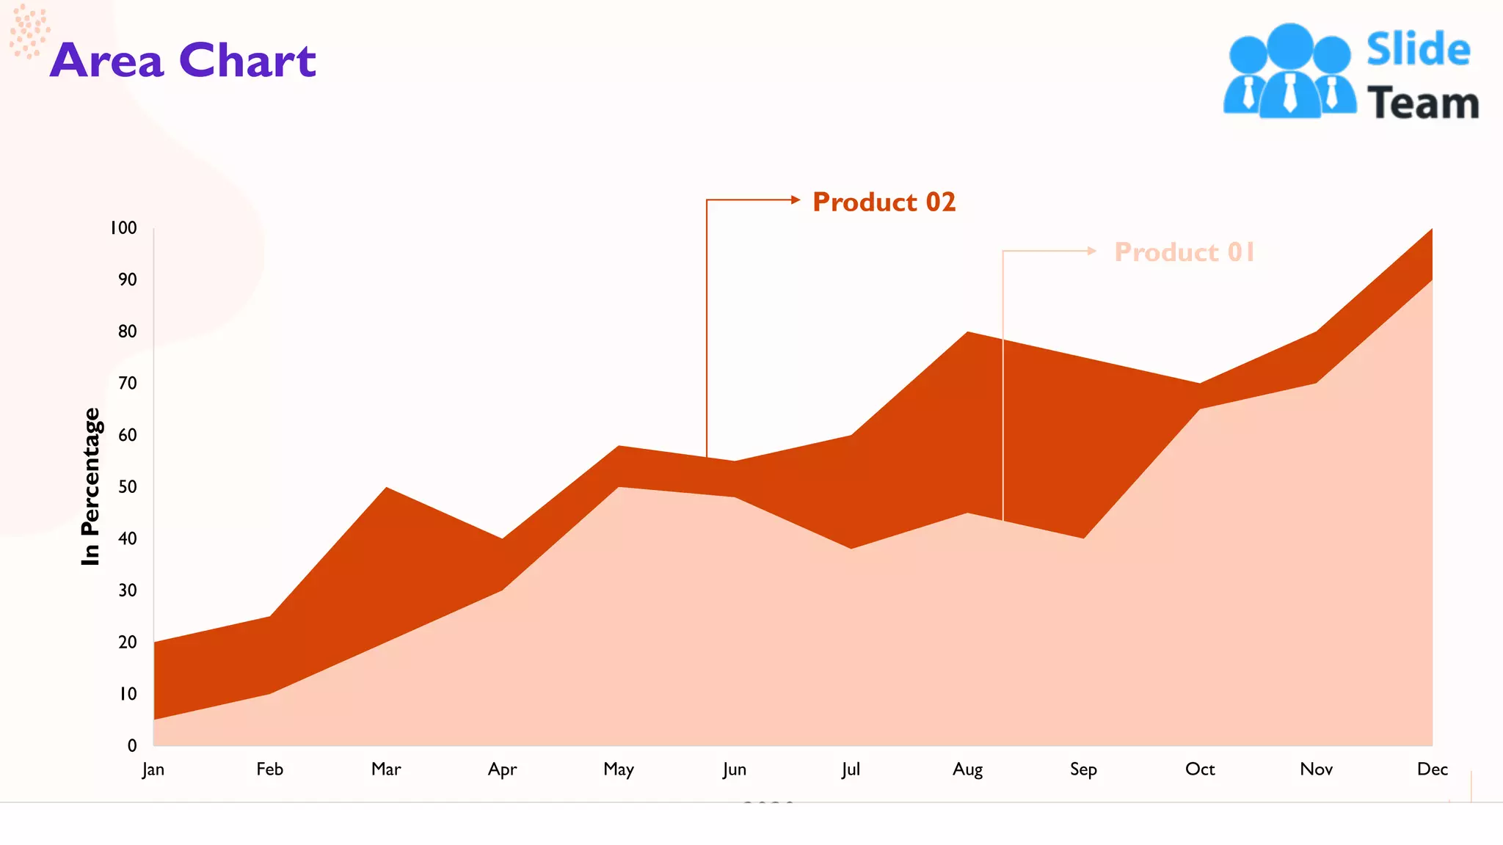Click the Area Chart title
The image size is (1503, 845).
point(183,60)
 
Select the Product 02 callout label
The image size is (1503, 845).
point(884,202)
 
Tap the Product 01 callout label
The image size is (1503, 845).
point(1184,252)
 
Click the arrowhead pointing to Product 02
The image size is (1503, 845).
point(796,200)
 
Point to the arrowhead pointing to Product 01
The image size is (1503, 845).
point(1092,251)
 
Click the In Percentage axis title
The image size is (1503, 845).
point(90,486)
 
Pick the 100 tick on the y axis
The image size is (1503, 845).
point(123,228)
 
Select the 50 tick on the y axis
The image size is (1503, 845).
point(128,487)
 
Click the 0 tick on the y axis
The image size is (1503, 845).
point(132,746)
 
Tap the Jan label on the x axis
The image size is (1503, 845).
point(153,769)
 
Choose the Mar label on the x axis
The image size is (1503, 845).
point(386,769)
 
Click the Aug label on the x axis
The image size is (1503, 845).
point(967,769)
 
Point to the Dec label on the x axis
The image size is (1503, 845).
point(1432,769)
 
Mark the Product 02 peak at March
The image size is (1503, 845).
point(386,489)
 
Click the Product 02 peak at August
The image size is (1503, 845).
point(968,333)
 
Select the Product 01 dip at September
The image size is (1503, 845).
point(1084,538)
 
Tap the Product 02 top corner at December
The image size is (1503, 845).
point(1430,231)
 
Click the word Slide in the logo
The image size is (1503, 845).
point(1418,50)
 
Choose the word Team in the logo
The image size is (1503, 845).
point(1422,103)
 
